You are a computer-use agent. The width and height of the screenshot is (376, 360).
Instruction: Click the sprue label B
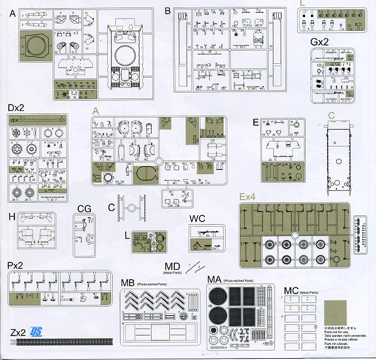pos(167,11)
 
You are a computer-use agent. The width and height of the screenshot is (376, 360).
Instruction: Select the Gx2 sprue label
pos(320,41)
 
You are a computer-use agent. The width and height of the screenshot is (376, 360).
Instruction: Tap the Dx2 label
pos(17,108)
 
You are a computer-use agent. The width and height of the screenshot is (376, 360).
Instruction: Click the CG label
pos(84,208)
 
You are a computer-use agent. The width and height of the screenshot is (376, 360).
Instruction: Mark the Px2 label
pos(16,265)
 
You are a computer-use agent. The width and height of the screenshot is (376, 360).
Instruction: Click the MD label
pos(173,265)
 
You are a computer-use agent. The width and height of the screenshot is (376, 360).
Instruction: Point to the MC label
pos(290,291)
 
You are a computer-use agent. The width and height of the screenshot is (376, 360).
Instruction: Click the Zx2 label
pos(18,331)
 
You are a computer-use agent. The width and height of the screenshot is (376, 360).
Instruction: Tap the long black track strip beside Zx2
pos(63,342)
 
